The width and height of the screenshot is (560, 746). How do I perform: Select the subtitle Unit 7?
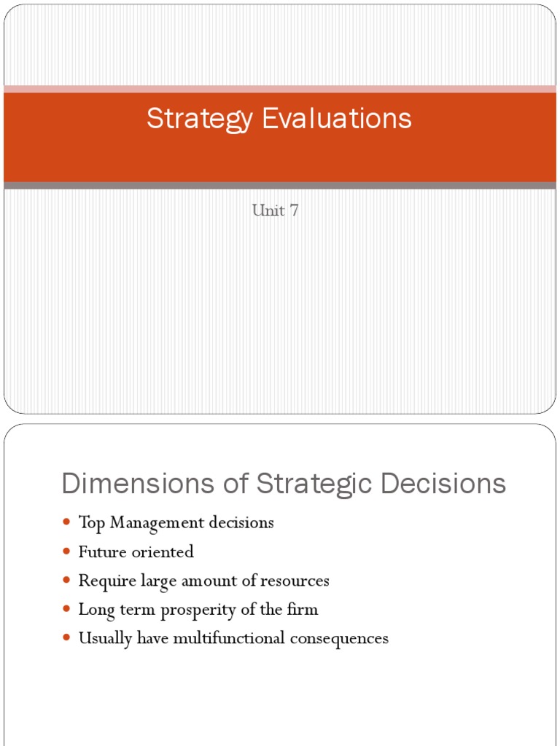click(x=276, y=211)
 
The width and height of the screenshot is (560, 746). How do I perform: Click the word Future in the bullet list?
click(x=102, y=552)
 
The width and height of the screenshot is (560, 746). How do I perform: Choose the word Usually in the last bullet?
click(x=105, y=639)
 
